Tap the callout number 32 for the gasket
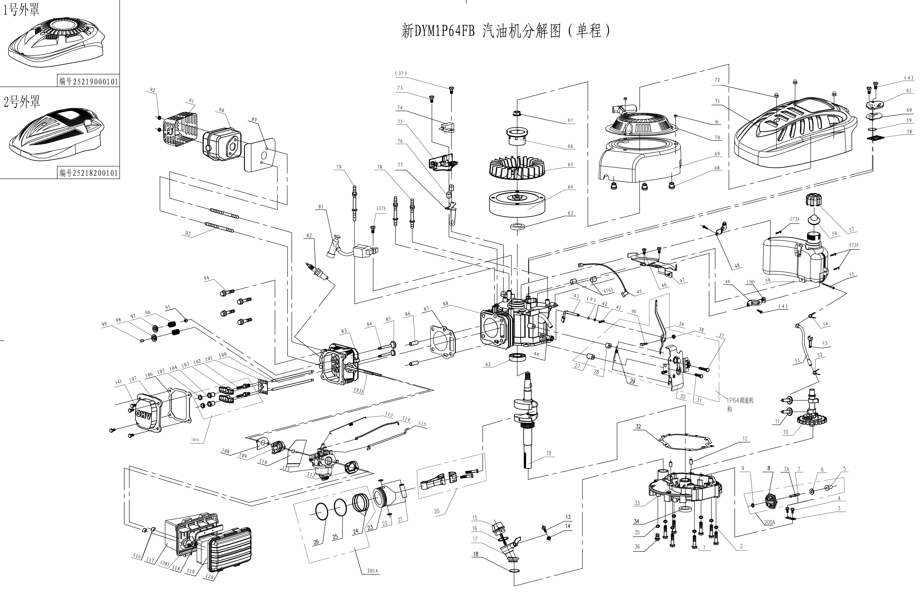click(x=638, y=426)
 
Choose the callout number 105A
click(x=195, y=440)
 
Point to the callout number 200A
click(x=769, y=522)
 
